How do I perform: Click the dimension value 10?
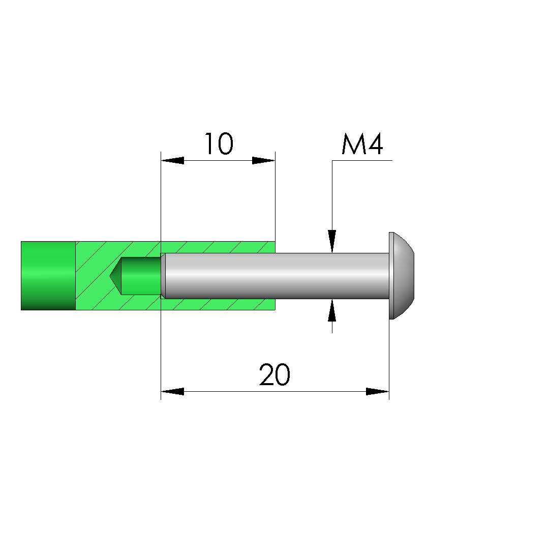(x=219, y=143)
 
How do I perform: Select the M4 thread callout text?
(x=362, y=143)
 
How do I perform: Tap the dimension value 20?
(x=274, y=374)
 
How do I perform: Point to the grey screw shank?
(x=277, y=276)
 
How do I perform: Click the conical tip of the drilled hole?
(x=115, y=276)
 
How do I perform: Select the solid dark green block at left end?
(x=48, y=276)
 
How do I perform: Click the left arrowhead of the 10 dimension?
(x=172, y=161)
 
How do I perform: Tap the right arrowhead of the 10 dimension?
(x=264, y=161)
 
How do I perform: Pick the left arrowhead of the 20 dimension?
(x=172, y=391)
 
